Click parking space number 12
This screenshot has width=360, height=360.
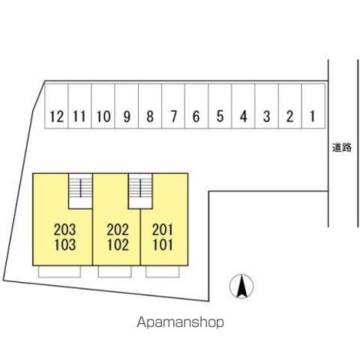point(56,106)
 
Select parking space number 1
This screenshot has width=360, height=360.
point(313,106)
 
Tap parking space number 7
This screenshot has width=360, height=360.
point(173,106)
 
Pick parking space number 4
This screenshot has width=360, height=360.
point(244,106)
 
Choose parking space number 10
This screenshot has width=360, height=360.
point(103,106)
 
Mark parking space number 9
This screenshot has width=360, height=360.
point(127,106)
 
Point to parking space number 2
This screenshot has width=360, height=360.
point(290,106)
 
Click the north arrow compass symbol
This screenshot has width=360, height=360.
point(241,286)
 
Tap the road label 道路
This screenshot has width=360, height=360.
point(342,148)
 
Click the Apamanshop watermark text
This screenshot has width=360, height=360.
point(180,322)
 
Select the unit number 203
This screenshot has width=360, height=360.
point(64,229)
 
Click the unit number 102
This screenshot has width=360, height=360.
point(118,245)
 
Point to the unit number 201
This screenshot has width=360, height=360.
point(163,229)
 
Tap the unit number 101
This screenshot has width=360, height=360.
point(163,245)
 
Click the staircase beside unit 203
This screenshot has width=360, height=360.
point(80,191)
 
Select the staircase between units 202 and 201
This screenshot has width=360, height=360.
point(140,191)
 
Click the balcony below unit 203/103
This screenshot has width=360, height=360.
point(59,271)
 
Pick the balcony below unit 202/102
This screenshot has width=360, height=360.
point(115,271)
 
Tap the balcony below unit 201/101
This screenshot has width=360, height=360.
point(163,271)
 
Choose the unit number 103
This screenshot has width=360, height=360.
point(64,245)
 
